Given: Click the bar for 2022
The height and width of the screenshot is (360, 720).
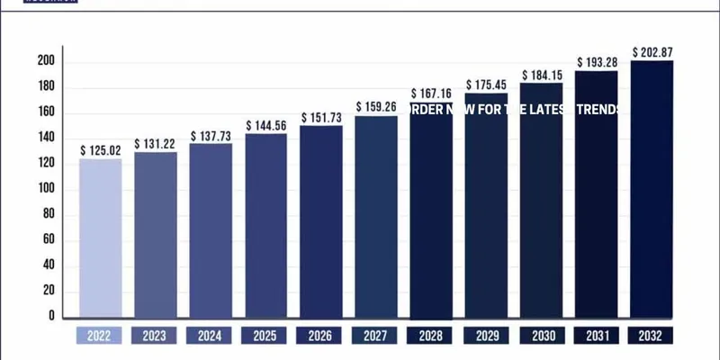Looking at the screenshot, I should (x=100, y=238).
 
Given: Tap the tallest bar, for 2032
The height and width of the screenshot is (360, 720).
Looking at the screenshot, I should (x=652, y=189).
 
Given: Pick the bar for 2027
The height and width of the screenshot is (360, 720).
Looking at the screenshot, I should (x=376, y=216).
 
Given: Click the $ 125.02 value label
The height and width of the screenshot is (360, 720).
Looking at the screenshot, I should (x=100, y=149).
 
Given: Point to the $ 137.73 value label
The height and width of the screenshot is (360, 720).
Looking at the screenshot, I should (x=211, y=135).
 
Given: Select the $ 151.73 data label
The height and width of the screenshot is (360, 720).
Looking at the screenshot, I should (x=321, y=118).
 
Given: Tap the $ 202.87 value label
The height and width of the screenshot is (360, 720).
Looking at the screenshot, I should (x=652, y=51).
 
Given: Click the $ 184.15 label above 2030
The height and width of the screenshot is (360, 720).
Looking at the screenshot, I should (x=542, y=74).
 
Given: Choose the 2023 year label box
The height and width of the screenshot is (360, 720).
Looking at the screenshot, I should (x=155, y=337).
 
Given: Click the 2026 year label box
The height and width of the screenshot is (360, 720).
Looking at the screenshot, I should (x=321, y=337).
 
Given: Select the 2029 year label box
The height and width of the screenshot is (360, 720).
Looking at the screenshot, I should (x=487, y=337).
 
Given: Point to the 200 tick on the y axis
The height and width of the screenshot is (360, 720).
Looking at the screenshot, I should (x=46, y=61).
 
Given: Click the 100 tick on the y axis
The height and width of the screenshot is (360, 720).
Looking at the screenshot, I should (x=46, y=189).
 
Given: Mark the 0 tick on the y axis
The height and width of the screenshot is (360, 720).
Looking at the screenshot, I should (x=52, y=317).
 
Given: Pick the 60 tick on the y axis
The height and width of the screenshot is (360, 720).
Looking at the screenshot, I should (x=49, y=240).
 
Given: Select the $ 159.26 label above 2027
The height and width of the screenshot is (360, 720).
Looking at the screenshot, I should (x=376, y=106).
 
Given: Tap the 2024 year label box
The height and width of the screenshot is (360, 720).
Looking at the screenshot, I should (x=211, y=337).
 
